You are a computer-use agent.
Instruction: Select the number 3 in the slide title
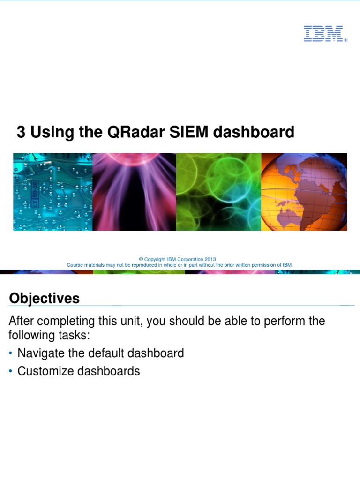pos(21,132)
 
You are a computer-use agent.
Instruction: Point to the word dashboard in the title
pos(254,132)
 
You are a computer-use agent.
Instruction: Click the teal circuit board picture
pos(52,192)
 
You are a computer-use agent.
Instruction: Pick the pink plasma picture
pos(134,192)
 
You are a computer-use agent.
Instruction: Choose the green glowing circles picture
pos(218,192)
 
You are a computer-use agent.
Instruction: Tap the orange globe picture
pos(304,192)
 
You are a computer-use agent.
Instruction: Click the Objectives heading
pos(45,298)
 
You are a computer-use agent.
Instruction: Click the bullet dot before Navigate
pos(11,353)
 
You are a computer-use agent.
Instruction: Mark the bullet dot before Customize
pos(11,371)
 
